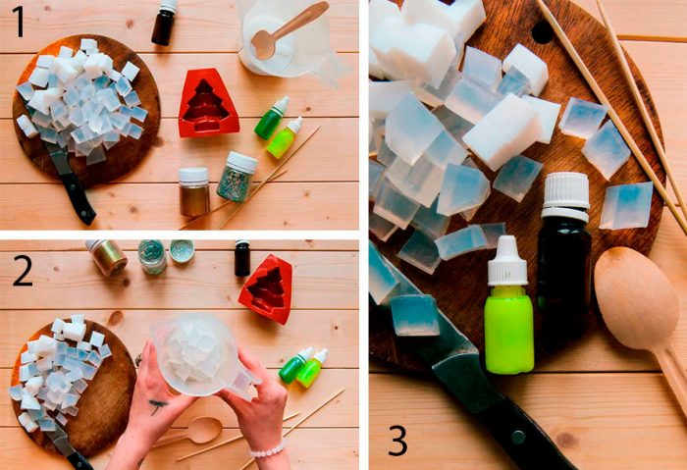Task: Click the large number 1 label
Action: tap(18, 22)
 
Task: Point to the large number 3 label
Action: tap(397, 441)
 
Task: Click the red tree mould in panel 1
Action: tap(208, 103)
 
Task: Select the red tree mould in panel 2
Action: tap(266, 289)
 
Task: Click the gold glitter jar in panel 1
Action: tap(194, 191)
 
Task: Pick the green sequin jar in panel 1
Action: tap(237, 177)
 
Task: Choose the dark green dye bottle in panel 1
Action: tap(272, 119)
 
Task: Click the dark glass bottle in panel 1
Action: tap(164, 22)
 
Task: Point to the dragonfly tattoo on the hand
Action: tap(157, 405)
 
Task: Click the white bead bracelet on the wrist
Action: tap(267, 450)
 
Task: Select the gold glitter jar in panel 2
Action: tap(106, 257)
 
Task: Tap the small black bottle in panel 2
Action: tap(242, 258)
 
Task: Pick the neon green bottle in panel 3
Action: tap(508, 305)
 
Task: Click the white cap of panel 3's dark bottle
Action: tap(565, 196)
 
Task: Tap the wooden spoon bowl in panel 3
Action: tap(635, 298)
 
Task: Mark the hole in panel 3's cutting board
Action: tap(543, 32)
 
